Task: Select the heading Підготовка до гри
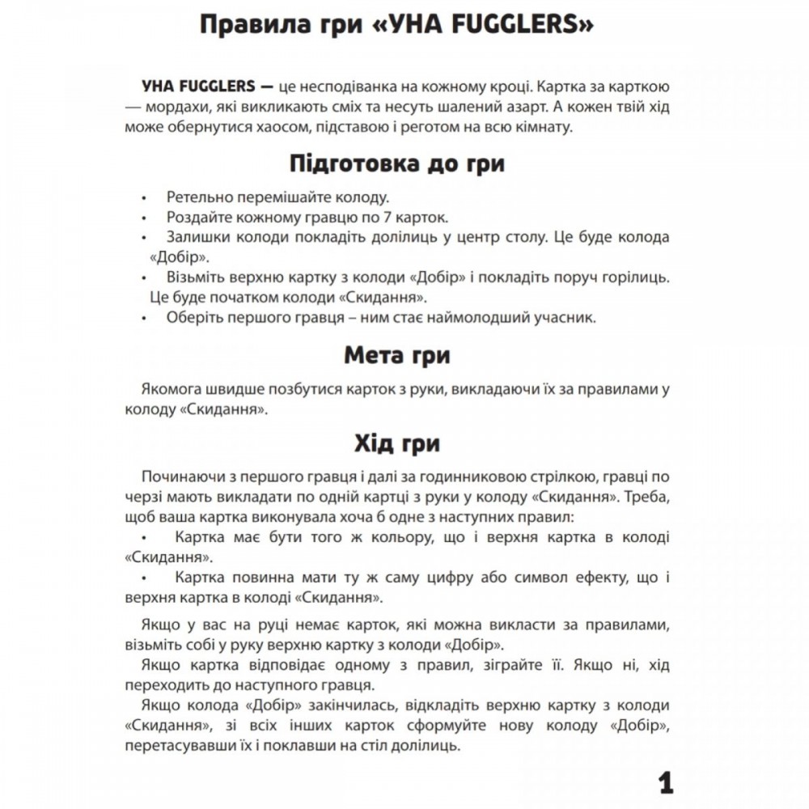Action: pos(396,163)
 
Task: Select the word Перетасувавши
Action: pos(170,745)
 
